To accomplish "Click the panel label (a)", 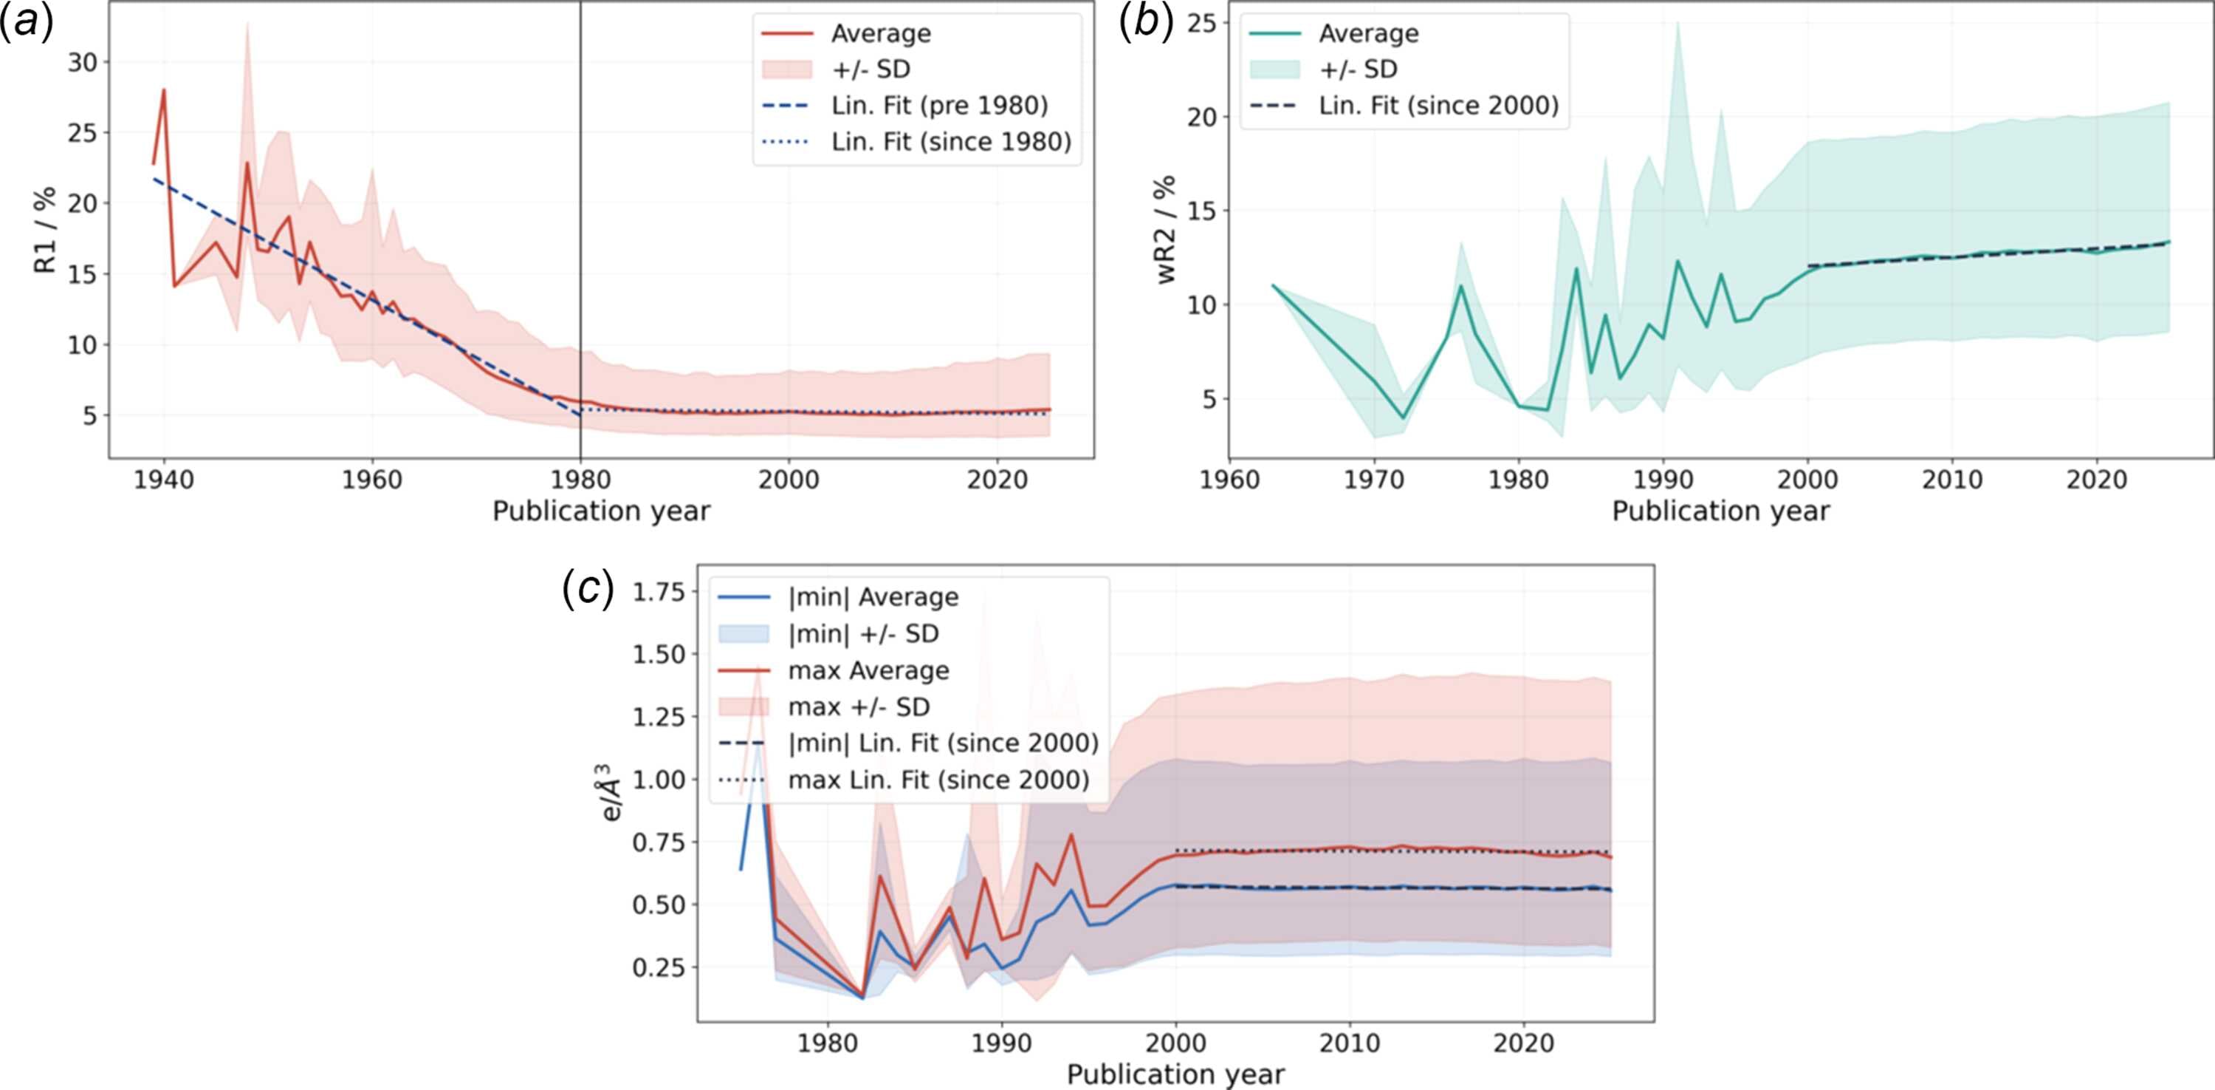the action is (27, 22).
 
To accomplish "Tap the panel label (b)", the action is (1146, 22).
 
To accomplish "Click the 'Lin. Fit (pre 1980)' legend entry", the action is (940, 105).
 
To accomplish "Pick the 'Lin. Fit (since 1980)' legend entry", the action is (951, 141).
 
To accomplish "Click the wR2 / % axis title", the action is (1165, 230).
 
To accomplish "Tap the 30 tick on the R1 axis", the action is (83, 62).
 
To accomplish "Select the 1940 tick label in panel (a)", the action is (163, 479).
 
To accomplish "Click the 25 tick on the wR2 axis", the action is (1202, 22).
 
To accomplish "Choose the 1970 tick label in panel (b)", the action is (1374, 479).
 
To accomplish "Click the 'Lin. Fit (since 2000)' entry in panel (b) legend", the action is (1438, 105).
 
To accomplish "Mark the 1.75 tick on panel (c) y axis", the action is (659, 592).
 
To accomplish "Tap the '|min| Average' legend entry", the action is (873, 597).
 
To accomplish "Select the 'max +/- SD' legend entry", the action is (859, 706).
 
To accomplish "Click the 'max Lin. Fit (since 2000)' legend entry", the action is (939, 780).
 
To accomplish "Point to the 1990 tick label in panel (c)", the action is (1002, 1043).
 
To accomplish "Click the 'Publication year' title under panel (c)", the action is (1175, 1074).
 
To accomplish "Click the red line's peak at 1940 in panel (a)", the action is (163, 89).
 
